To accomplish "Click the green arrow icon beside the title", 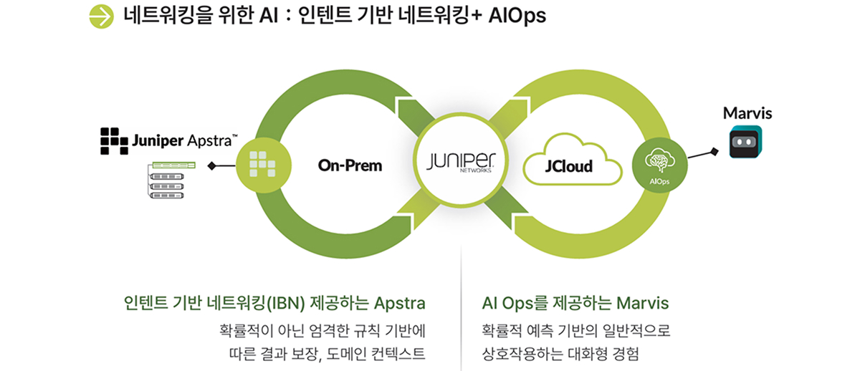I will (x=102, y=16).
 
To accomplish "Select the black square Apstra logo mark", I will (x=114, y=141).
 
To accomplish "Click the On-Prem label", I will (x=350, y=166).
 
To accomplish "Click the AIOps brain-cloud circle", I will (x=659, y=165).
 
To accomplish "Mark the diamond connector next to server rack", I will (x=211, y=166).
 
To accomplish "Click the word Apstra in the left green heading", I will (x=401, y=303).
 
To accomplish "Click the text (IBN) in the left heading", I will (x=286, y=303).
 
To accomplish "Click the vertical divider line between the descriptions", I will (x=461, y=315).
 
